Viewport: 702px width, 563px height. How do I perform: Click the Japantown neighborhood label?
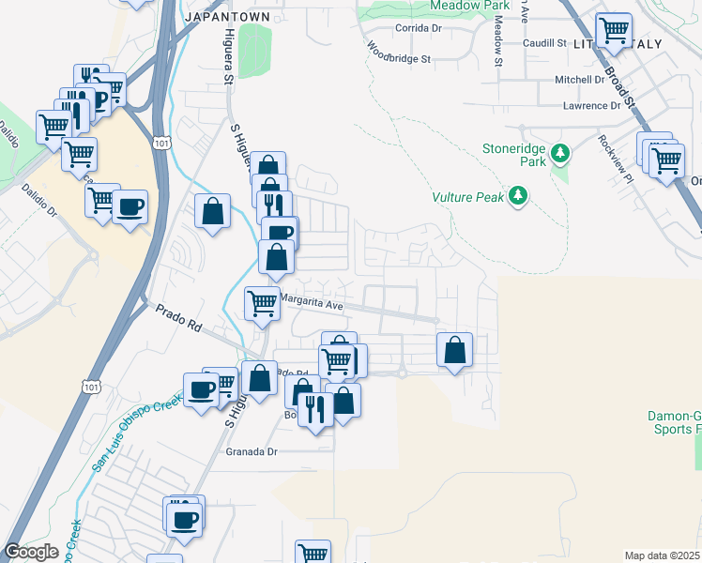click(x=228, y=17)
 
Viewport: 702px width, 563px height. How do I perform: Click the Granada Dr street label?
click(x=252, y=451)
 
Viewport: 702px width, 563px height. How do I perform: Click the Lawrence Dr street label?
click(x=591, y=106)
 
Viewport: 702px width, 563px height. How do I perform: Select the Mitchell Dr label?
click(x=584, y=80)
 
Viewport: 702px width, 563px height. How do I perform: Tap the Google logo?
click(x=32, y=552)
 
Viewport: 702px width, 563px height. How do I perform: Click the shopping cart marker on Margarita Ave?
click(x=262, y=303)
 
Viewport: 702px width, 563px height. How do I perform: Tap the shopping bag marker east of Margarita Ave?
click(x=454, y=351)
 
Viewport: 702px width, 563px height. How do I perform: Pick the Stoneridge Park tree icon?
click(x=560, y=151)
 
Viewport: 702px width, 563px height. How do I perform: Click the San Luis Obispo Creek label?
click(x=136, y=434)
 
